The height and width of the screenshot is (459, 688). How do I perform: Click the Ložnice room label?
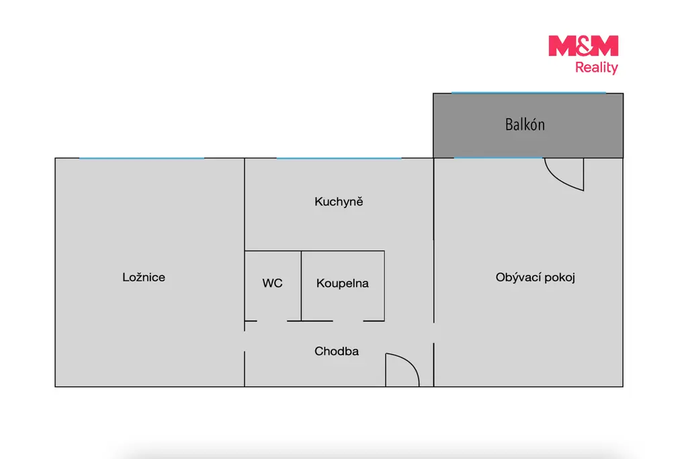[144, 278]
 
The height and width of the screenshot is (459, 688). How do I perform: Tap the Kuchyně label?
[339, 202]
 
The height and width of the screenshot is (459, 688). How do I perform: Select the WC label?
[273, 283]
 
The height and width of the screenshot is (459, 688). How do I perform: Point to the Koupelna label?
[342, 284]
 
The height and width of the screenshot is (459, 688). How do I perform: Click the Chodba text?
[337, 351]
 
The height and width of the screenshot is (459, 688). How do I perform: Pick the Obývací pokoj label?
[535, 278]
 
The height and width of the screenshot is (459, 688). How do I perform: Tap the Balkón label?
[525, 124]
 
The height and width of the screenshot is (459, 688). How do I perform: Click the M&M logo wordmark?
[583, 46]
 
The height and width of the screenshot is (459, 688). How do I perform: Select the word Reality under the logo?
[597, 68]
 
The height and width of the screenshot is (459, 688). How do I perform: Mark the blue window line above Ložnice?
[142, 158]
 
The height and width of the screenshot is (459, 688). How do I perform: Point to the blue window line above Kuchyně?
[339, 158]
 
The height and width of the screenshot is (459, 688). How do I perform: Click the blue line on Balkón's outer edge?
[529, 93]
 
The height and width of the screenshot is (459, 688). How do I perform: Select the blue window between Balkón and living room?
[498, 158]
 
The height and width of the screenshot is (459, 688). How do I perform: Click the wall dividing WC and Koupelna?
[302, 286]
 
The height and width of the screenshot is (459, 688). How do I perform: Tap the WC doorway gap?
[272, 321]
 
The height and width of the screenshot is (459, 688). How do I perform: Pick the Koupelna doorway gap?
[348, 321]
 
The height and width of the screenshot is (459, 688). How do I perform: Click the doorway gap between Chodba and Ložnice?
[245, 341]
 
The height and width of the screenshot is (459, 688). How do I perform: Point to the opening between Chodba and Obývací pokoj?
[434, 333]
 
